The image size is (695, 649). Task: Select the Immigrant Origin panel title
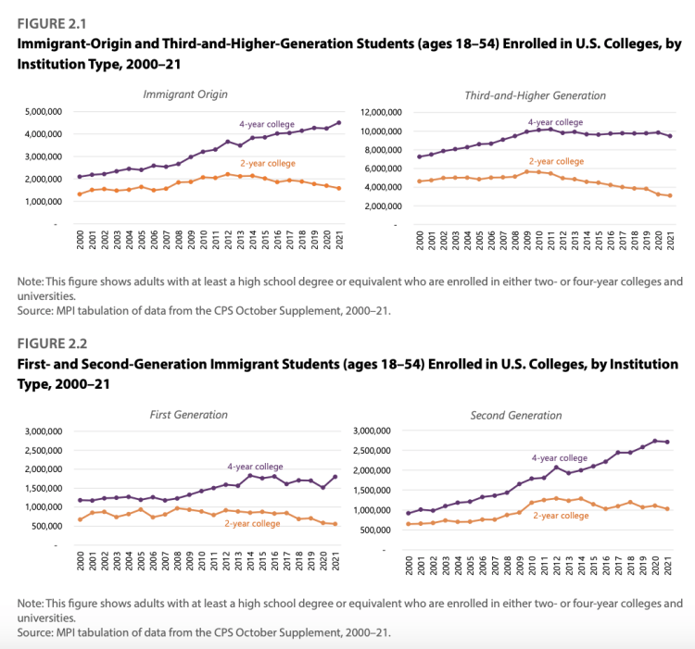[x=185, y=94]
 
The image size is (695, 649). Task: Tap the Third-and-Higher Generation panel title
[x=535, y=94]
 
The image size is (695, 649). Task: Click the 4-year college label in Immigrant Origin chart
[x=265, y=122]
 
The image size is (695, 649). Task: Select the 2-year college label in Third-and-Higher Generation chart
[x=556, y=160]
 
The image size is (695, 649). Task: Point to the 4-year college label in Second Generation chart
[x=559, y=457]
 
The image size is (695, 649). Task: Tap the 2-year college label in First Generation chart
[x=253, y=524]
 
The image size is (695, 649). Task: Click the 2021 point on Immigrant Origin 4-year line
[x=338, y=122]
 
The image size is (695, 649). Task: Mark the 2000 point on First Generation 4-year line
[x=81, y=500]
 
